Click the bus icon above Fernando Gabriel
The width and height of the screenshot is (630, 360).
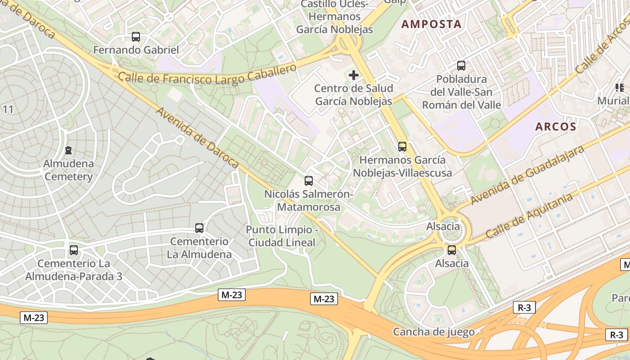coord(135,37)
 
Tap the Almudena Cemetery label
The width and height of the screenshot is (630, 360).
coord(68,170)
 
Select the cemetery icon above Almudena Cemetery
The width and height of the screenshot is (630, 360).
coord(68,150)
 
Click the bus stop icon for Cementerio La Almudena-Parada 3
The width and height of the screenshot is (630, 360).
coord(74,250)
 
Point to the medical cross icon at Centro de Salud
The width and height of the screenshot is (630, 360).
coord(354,75)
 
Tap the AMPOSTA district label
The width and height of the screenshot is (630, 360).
coord(432,24)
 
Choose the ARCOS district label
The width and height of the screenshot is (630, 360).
coord(556,127)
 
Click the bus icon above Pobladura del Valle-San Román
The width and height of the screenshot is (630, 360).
coord(461,66)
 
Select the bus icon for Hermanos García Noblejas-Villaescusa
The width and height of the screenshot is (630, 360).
coord(402,147)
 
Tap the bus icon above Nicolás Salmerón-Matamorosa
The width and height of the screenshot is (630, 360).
coord(309,181)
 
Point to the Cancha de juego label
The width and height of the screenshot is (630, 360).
coord(434,332)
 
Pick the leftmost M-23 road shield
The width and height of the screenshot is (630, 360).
coord(34,318)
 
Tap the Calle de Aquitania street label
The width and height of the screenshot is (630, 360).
coord(529,216)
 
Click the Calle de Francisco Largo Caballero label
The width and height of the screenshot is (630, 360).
coord(207,75)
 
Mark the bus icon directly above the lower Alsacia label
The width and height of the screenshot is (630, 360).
coord(452,250)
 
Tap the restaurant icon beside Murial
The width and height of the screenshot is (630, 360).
coord(620,88)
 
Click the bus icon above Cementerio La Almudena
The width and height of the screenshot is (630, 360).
coord(199,228)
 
